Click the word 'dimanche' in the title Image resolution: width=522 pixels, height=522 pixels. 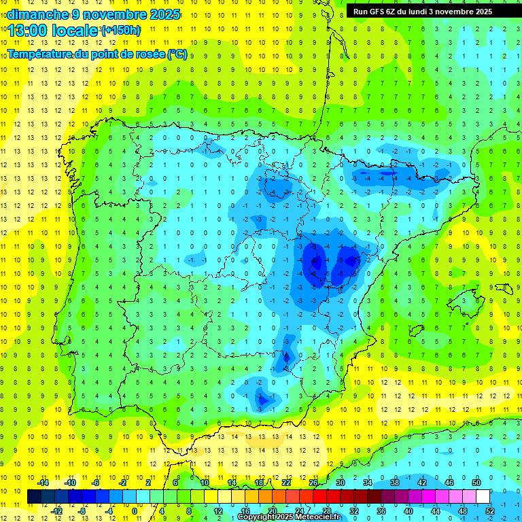click(37, 14)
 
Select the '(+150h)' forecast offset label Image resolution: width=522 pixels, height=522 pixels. click(121, 31)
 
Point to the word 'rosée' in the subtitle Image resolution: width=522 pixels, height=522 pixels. click(146, 54)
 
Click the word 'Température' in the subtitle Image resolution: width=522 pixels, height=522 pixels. click(40, 54)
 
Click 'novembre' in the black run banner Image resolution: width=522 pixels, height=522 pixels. click(456, 12)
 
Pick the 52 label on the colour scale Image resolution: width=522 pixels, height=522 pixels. click(489, 510)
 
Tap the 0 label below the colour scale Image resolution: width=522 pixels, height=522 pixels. click(135, 510)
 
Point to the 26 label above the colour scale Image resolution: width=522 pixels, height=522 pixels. click(313, 483)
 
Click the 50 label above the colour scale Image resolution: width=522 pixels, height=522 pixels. click(476, 483)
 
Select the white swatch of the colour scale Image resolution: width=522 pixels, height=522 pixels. click(483, 497)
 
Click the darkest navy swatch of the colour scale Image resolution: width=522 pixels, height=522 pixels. click(35, 497)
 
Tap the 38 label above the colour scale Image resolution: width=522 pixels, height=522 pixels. click(394, 483)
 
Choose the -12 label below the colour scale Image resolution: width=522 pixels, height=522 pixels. click(57, 510)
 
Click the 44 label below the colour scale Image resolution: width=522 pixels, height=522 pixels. click(435, 510)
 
